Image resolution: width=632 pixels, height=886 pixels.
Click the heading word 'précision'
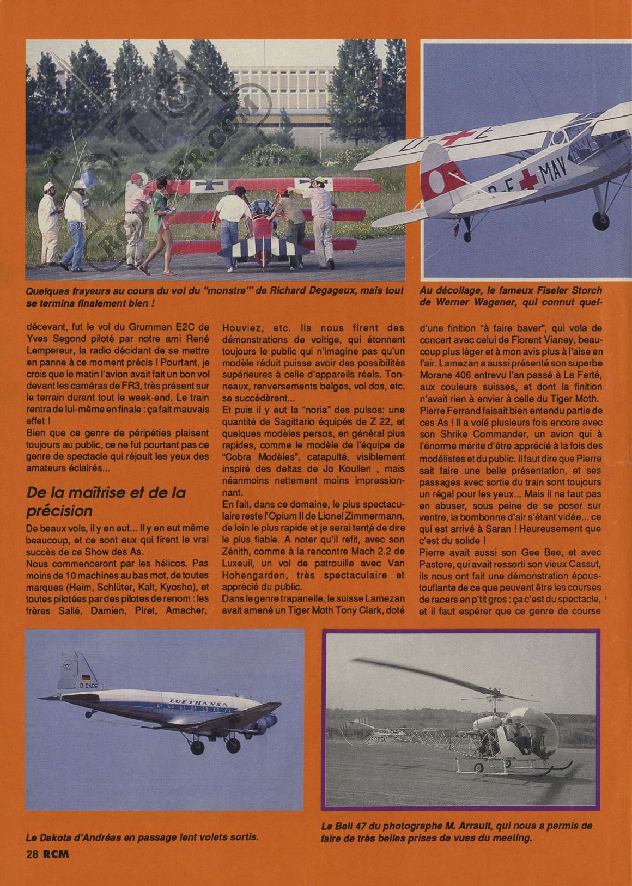(60, 511)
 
